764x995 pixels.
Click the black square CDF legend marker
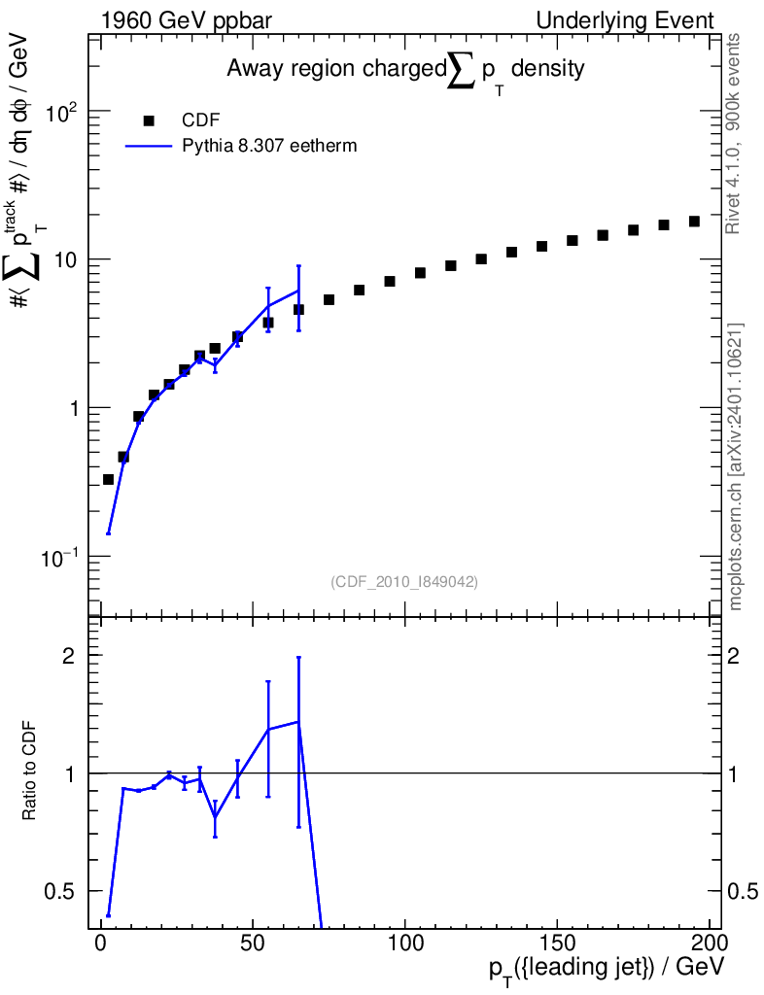pyautogui.click(x=149, y=120)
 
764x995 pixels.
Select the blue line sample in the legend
pyautogui.click(x=149, y=146)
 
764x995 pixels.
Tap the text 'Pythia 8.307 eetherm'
pyautogui.click(x=269, y=146)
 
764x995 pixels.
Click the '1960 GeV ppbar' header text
pyautogui.click(x=187, y=21)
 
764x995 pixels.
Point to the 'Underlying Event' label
pyautogui.click(x=625, y=20)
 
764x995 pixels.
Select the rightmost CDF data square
pyautogui.click(x=694, y=222)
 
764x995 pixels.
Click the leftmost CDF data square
pyautogui.click(x=109, y=480)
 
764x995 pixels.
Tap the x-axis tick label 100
pyautogui.click(x=405, y=943)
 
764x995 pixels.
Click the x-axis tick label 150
pyautogui.click(x=557, y=943)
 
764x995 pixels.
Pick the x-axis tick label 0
pyautogui.click(x=101, y=943)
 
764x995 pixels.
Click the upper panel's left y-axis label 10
pyautogui.click(x=65, y=260)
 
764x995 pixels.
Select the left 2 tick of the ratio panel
pyautogui.click(x=69, y=656)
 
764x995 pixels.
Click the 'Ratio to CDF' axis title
pyautogui.click(x=29, y=771)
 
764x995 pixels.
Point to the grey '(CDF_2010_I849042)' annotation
pyautogui.click(x=404, y=581)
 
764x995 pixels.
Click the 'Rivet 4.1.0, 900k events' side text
pyautogui.click(x=733, y=134)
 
